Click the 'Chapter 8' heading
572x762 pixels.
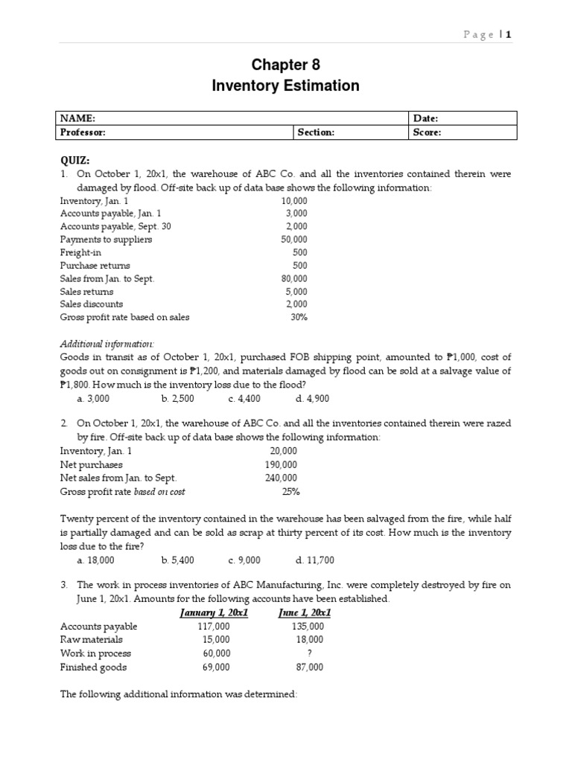coord(285,65)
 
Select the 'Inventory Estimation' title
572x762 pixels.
coord(285,86)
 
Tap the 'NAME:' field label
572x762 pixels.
coord(77,118)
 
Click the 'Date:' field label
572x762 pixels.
coord(425,118)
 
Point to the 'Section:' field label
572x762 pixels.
coord(316,132)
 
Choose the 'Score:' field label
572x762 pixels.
coord(427,132)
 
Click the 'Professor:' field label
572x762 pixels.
coord(83,132)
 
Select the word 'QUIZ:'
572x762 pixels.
coord(75,160)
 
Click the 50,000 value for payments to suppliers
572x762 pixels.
coord(293,240)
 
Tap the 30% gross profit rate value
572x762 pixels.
coord(299,317)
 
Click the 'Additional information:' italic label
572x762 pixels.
coord(107,344)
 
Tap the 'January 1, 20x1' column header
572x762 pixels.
coord(214,613)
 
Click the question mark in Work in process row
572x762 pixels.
coord(309,653)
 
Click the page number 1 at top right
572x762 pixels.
coord(509,34)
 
